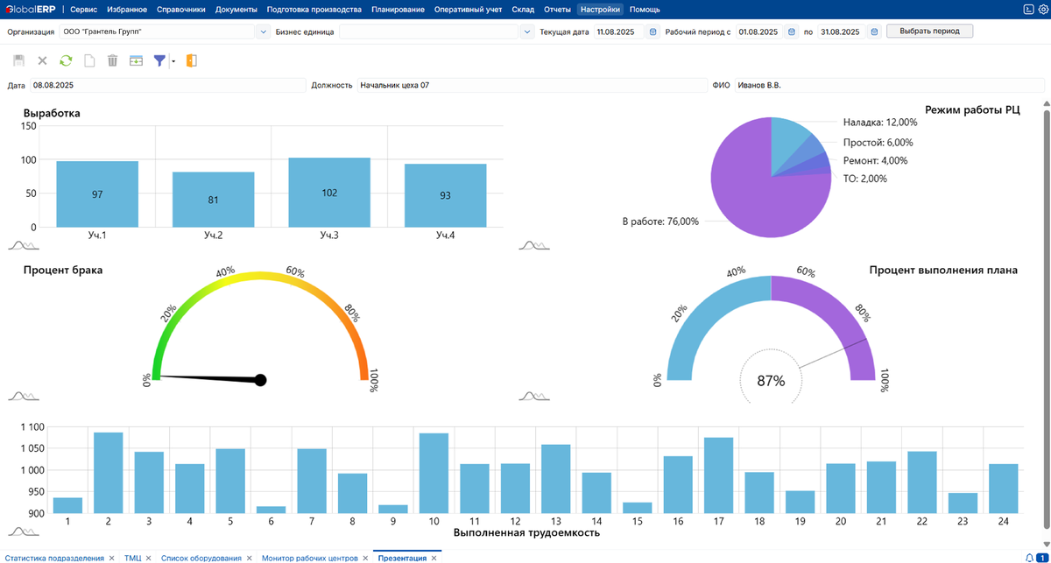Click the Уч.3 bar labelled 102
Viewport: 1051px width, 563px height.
click(x=329, y=193)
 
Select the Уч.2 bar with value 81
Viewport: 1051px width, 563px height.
click(x=214, y=200)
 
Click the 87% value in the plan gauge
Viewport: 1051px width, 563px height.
click(x=771, y=381)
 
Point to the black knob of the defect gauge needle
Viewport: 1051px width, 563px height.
click(x=260, y=380)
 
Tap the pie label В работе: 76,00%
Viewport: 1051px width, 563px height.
click(x=660, y=222)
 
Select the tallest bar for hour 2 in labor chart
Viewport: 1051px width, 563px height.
click(x=109, y=472)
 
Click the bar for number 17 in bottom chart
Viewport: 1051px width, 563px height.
click(x=718, y=475)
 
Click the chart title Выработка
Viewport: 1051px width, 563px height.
click(x=52, y=113)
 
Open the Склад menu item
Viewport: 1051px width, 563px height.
click(x=522, y=10)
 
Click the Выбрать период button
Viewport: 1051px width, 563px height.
click(x=929, y=31)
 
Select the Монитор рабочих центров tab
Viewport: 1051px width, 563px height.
click(x=309, y=558)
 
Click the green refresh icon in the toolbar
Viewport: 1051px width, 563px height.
click(x=66, y=60)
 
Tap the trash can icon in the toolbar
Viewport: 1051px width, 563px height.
click(x=112, y=60)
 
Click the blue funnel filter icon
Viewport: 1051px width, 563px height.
click(x=159, y=60)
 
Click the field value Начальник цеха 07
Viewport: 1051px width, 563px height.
click(x=395, y=85)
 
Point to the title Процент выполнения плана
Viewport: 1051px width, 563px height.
click(x=943, y=271)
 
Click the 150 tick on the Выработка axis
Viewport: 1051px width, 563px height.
click(x=28, y=126)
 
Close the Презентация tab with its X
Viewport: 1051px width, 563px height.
click(x=434, y=558)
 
